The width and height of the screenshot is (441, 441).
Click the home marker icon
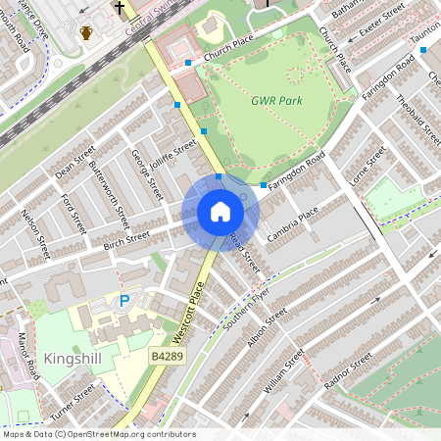coord(220,212)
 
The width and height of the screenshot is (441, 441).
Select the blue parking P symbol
coord(124,302)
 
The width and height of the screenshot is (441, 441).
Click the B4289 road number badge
coord(167,359)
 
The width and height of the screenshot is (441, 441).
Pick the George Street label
coord(146,173)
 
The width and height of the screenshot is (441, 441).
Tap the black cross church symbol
coord(120,8)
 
